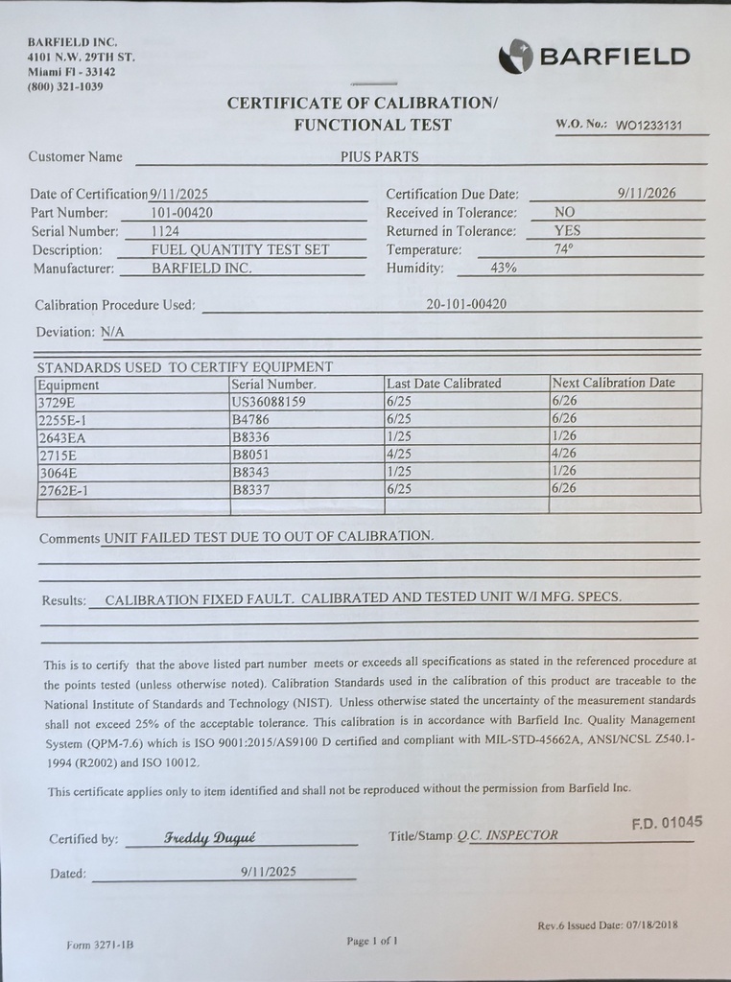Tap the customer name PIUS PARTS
coord(379,156)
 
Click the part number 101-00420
coord(181,213)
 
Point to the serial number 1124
coord(165,231)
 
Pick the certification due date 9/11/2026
coord(647,193)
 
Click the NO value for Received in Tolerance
coord(565,212)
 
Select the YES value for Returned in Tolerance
coord(567,230)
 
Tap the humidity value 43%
coord(504,268)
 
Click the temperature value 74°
coord(564,249)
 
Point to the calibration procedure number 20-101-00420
coord(466,304)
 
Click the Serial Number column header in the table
coord(274,384)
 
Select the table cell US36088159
coord(269,402)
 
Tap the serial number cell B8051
coord(250,455)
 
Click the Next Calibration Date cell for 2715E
coord(564,454)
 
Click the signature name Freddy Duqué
coord(210,837)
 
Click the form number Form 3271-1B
coord(100,945)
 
